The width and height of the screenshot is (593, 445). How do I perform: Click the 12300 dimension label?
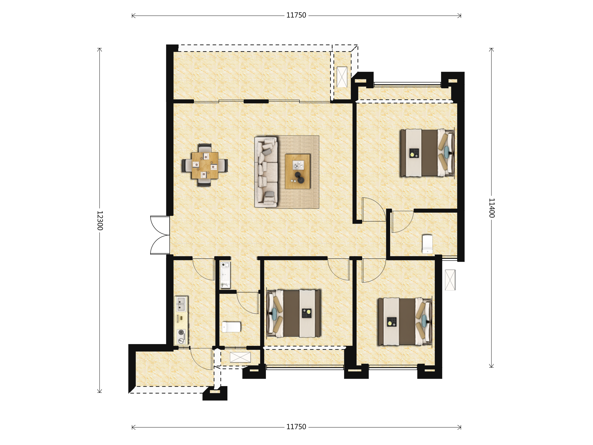(100, 221)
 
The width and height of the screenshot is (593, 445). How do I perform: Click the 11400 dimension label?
(491, 208)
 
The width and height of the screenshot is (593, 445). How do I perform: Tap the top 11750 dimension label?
(296, 15)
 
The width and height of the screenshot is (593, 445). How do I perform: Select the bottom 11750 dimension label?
(296, 427)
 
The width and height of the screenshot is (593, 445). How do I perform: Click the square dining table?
(205, 165)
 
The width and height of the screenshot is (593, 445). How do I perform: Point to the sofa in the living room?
(266, 172)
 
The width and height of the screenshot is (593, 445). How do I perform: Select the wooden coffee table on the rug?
(297, 171)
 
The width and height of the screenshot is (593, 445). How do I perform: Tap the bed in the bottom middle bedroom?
(294, 313)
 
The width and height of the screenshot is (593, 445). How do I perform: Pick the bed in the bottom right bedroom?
(405, 321)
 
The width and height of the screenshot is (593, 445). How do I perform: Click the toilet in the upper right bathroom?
(427, 244)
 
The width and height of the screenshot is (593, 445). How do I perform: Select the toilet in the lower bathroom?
(231, 327)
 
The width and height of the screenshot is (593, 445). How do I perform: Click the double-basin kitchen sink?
(181, 304)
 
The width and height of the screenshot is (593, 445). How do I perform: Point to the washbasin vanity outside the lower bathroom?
(225, 275)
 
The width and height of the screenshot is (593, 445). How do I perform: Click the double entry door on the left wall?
(160, 235)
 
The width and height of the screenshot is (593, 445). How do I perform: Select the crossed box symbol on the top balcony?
(342, 77)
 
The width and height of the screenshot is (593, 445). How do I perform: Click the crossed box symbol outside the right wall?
(450, 280)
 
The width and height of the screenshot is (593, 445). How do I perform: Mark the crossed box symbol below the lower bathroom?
(240, 357)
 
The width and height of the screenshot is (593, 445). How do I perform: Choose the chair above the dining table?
(205, 148)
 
